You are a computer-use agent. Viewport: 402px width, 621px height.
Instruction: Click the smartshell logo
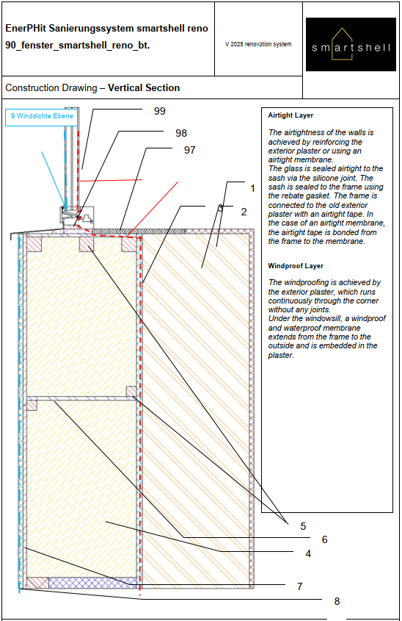(x=351, y=44)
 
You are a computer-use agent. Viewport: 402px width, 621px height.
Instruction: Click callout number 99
(x=160, y=111)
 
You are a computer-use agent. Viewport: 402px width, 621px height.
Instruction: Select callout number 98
(x=181, y=133)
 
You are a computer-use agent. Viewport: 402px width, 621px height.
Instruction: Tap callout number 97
(x=190, y=150)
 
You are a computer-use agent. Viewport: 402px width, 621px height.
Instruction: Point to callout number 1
(x=253, y=189)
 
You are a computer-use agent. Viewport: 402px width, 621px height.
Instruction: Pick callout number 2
(x=244, y=212)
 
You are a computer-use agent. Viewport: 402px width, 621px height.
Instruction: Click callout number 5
(x=303, y=526)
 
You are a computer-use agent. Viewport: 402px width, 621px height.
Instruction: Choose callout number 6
(x=324, y=539)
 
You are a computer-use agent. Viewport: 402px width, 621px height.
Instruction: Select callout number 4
(x=308, y=553)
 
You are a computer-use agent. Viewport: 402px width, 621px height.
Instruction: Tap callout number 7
(x=299, y=586)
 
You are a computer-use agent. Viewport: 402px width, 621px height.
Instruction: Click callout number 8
(x=337, y=601)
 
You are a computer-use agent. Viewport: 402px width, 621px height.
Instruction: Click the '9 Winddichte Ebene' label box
(x=41, y=118)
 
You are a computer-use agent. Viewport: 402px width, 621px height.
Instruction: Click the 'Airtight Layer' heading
(x=290, y=115)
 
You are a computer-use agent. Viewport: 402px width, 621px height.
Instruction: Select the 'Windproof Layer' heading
(x=296, y=266)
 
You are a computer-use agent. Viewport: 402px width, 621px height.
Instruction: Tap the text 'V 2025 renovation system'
(x=258, y=44)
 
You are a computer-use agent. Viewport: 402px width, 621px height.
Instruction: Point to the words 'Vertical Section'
(x=144, y=87)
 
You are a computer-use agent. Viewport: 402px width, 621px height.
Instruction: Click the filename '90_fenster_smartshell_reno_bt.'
(x=78, y=46)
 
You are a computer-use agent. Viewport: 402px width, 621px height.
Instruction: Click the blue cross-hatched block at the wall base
(x=93, y=583)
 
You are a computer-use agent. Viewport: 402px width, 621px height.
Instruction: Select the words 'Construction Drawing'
(x=51, y=88)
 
